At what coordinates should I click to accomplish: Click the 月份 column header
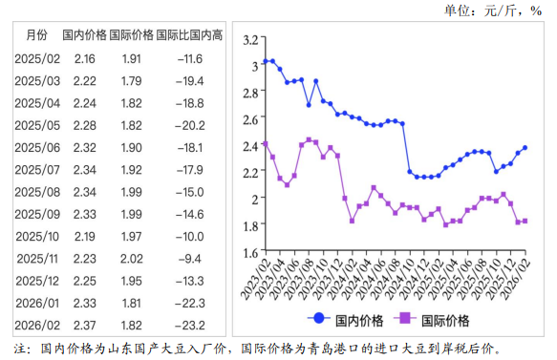click(x=35, y=35)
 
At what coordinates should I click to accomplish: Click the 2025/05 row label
click(x=37, y=125)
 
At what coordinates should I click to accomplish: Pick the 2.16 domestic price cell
click(x=84, y=58)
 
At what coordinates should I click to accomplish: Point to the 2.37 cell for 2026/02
click(x=84, y=325)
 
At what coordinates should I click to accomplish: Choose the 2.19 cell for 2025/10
click(x=84, y=235)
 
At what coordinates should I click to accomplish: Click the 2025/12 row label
click(x=37, y=280)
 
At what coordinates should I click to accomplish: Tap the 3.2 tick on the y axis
click(x=251, y=39)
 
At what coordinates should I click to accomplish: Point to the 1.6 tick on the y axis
click(x=251, y=251)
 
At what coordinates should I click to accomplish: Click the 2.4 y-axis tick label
click(x=251, y=145)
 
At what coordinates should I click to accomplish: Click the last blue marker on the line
click(x=525, y=148)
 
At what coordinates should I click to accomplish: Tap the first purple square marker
click(x=265, y=144)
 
